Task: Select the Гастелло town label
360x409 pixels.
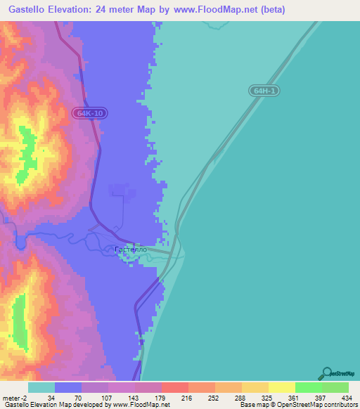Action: click(x=130, y=249)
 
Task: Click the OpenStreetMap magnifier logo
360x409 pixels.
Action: click(x=327, y=373)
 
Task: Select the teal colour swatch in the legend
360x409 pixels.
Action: click(x=41, y=387)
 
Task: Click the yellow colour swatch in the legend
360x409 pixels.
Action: click(x=281, y=387)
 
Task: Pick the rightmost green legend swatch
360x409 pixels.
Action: click(x=335, y=387)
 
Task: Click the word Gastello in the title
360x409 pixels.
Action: click(x=32, y=9)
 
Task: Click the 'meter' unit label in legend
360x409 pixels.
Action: click(x=12, y=398)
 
